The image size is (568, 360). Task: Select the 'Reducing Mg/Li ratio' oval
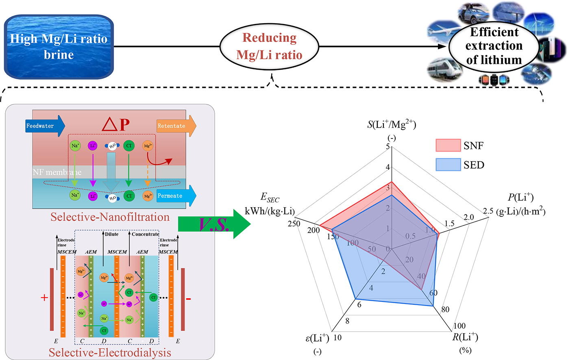(x=270, y=46)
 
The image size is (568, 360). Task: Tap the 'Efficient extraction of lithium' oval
(x=494, y=46)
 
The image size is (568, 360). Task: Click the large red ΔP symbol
(x=115, y=126)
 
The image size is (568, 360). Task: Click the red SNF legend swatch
(x=448, y=145)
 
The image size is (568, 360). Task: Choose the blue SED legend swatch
(x=448, y=165)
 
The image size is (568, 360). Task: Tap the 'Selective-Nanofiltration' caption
(x=110, y=217)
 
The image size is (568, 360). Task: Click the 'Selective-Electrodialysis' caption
(x=110, y=352)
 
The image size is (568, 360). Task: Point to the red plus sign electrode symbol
(x=44, y=298)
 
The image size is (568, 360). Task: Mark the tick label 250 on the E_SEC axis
(x=294, y=224)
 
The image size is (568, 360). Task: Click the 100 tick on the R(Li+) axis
(x=459, y=326)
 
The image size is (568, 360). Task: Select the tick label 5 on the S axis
(x=387, y=146)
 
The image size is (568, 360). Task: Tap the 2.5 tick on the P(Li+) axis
(x=488, y=211)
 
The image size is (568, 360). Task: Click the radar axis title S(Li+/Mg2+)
(x=392, y=124)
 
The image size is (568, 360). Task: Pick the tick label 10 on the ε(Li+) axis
(x=337, y=338)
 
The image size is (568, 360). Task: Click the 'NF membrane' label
(x=57, y=172)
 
